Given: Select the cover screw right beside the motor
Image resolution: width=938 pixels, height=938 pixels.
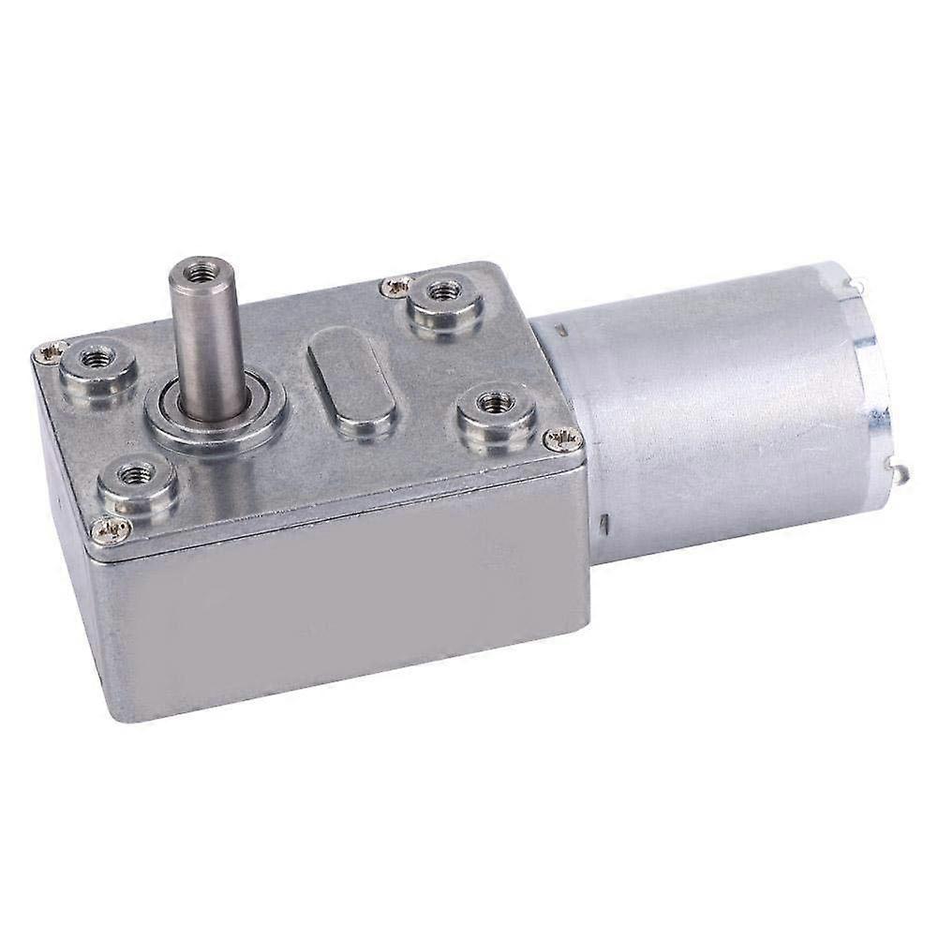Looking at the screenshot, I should pos(562,437).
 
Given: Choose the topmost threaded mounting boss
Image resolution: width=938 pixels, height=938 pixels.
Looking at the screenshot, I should pos(440,293).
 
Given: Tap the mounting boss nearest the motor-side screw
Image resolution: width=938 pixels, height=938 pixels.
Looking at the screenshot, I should pos(497,409).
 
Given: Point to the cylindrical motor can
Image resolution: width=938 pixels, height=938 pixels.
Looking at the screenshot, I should pos(722,412).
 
